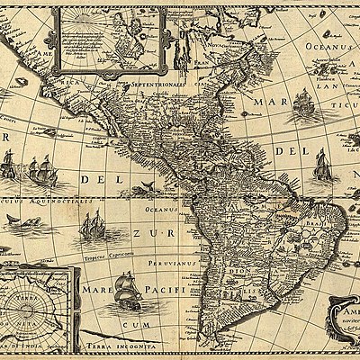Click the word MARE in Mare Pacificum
[x=96, y=291]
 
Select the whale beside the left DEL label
[x=141, y=186]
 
